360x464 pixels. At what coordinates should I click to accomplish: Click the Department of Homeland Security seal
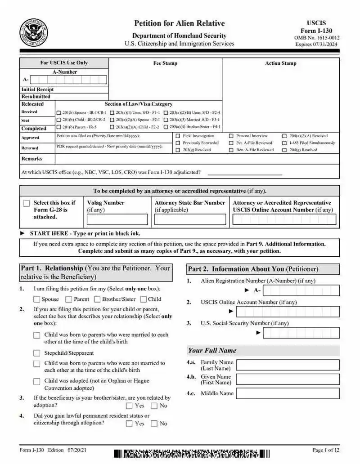[34, 33]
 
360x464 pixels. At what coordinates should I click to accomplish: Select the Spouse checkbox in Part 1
[36, 299]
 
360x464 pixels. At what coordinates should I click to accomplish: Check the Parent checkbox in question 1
[69, 299]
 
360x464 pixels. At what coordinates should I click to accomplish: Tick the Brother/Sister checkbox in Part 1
[97, 299]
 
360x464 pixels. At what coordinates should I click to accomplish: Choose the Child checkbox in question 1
[143, 299]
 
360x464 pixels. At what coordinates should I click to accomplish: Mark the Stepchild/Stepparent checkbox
[36, 353]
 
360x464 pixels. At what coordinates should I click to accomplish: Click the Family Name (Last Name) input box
[288, 365]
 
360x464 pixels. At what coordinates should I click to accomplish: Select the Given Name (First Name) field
[288, 379]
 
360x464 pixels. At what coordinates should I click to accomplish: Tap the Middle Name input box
[288, 393]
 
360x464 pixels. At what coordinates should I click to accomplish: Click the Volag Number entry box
[117, 219]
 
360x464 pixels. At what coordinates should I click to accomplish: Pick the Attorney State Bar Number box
[190, 219]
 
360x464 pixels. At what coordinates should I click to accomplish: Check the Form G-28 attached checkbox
[27, 204]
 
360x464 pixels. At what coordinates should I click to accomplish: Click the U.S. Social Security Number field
[301, 333]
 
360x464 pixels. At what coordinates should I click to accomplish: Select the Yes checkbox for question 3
[129, 406]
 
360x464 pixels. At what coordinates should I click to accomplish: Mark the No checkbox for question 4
[154, 424]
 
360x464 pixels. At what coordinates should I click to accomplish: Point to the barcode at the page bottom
[192, 454]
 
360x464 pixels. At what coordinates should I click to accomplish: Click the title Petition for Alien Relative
[179, 23]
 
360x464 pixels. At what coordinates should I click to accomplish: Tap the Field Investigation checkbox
[178, 136]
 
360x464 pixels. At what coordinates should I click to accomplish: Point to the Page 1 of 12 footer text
[326, 450]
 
